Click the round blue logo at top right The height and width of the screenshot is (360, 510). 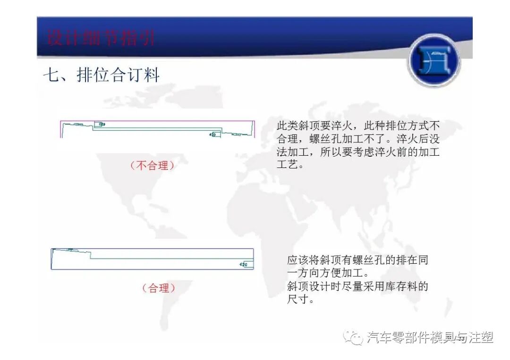coord(433,60)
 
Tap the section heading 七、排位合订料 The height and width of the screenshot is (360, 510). coord(102,75)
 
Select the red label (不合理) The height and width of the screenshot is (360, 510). coord(152,166)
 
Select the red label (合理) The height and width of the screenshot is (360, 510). coord(159,288)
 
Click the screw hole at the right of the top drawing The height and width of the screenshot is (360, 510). coord(214,134)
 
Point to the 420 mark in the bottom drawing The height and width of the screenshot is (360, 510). coord(244,265)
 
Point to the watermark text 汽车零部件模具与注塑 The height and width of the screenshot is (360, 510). coord(430,337)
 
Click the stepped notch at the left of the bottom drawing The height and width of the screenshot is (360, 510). coord(90,255)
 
